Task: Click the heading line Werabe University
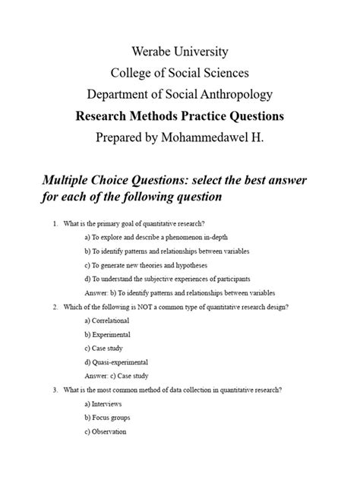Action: (179, 53)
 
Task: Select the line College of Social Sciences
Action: (179, 74)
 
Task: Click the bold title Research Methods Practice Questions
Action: (179, 117)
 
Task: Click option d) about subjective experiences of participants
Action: (168, 279)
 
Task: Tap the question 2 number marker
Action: (55, 307)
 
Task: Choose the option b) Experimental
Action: (108, 334)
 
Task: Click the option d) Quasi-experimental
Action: (116, 362)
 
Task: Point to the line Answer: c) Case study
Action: (117, 376)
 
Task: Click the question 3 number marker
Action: (55, 390)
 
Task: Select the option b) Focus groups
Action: (108, 418)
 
